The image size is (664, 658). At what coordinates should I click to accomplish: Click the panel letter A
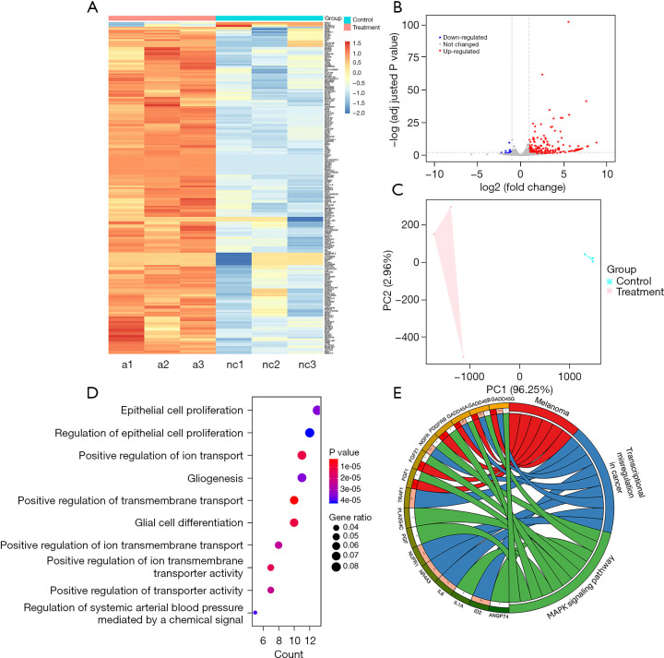92,8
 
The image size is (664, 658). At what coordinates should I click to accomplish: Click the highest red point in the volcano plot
568,21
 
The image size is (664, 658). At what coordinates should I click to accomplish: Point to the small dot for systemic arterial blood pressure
255,612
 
